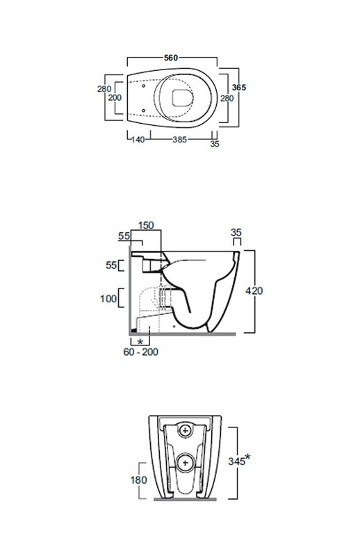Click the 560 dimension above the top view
click(170, 58)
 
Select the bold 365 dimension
click(238, 88)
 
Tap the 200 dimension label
click(115, 97)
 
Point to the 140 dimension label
click(138, 140)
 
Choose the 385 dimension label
click(179, 140)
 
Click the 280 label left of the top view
click(104, 89)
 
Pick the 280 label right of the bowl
click(227, 98)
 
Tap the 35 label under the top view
click(215, 144)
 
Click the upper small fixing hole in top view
click(143, 86)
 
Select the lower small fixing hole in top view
click(143, 111)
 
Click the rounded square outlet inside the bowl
click(183, 97)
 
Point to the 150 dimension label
click(146, 225)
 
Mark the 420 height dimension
click(254, 291)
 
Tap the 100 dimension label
click(108, 299)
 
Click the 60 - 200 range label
click(141, 352)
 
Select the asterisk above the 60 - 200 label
click(140, 342)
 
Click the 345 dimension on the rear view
click(236, 461)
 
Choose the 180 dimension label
click(139, 480)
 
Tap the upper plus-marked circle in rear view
click(185, 431)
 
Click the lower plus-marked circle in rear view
click(185, 463)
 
